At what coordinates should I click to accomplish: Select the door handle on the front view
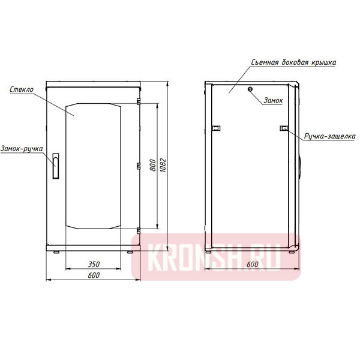click(x=55, y=166)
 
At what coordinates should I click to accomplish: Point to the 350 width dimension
click(x=92, y=263)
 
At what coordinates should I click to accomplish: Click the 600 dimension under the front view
click(x=92, y=275)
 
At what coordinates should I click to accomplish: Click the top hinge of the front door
click(x=138, y=101)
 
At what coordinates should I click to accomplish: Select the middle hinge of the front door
click(x=138, y=165)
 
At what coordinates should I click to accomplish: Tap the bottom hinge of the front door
click(x=138, y=230)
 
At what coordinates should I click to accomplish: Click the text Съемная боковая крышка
click(x=293, y=62)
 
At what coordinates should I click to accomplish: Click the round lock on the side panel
click(x=251, y=89)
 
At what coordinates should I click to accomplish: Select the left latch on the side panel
click(x=216, y=127)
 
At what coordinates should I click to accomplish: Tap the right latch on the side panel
click(x=284, y=127)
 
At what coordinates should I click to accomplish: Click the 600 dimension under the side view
click(x=252, y=264)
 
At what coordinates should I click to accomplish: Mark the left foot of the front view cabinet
click(x=56, y=251)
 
